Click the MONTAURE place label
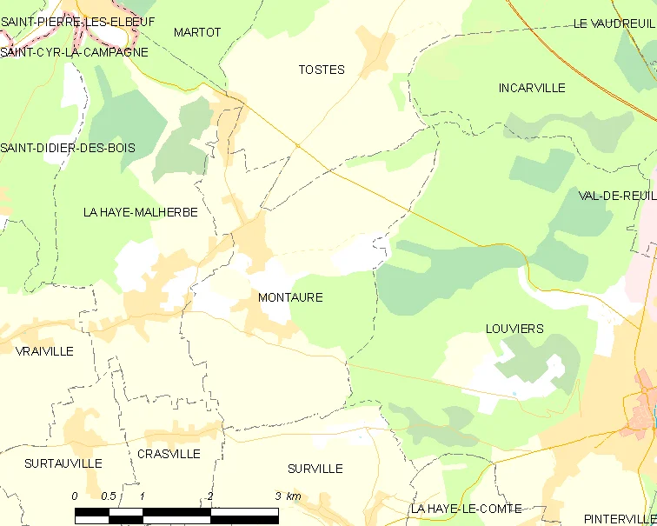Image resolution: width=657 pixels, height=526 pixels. click(290, 297)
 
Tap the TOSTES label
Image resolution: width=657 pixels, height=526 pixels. click(322, 70)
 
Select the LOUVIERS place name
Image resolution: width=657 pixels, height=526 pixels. click(514, 329)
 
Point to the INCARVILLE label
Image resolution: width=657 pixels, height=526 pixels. click(532, 88)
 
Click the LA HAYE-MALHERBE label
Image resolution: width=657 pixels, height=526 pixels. click(141, 212)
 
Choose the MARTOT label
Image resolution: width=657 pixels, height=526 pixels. click(197, 32)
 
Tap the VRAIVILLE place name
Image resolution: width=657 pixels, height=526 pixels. click(44, 351)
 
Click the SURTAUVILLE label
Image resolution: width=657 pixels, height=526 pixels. click(63, 463)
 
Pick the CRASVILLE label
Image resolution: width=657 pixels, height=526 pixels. click(169, 454)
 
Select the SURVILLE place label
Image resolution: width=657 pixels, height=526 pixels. click(315, 469)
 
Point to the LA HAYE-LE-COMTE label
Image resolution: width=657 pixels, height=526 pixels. click(467, 509)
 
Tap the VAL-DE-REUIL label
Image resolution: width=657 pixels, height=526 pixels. click(617, 196)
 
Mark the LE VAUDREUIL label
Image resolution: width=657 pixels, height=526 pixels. click(614, 23)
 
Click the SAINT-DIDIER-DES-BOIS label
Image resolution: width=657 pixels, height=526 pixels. click(68, 148)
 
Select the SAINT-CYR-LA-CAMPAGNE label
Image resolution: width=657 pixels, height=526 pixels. click(74, 52)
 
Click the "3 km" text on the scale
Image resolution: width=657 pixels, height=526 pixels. click(288, 496)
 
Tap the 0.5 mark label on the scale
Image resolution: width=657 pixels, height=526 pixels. click(109, 496)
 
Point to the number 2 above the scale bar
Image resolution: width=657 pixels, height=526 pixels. click(209, 496)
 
